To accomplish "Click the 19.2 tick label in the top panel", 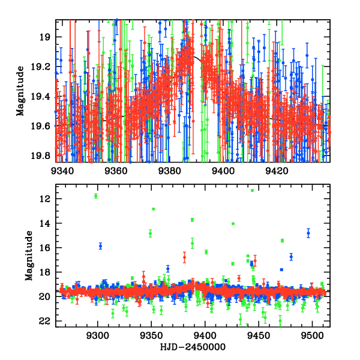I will pyautogui.click(x=43, y=67).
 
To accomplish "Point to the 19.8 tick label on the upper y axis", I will pyautogui.click(x=43, y=155).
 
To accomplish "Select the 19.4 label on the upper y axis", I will pyautogui.click(x=43, y=96).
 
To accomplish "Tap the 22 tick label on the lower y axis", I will pyautogui.click(x=46, y=321).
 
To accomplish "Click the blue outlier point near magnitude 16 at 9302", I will pyautogui.click(x=100, y=246).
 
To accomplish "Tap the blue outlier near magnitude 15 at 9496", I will pyautogui.click(x=308, y=233).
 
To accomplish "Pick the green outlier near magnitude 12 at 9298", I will pyautogui.click(x=95, y=196).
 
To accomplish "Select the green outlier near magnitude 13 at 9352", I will pyautogui.click(x=154, y=209).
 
